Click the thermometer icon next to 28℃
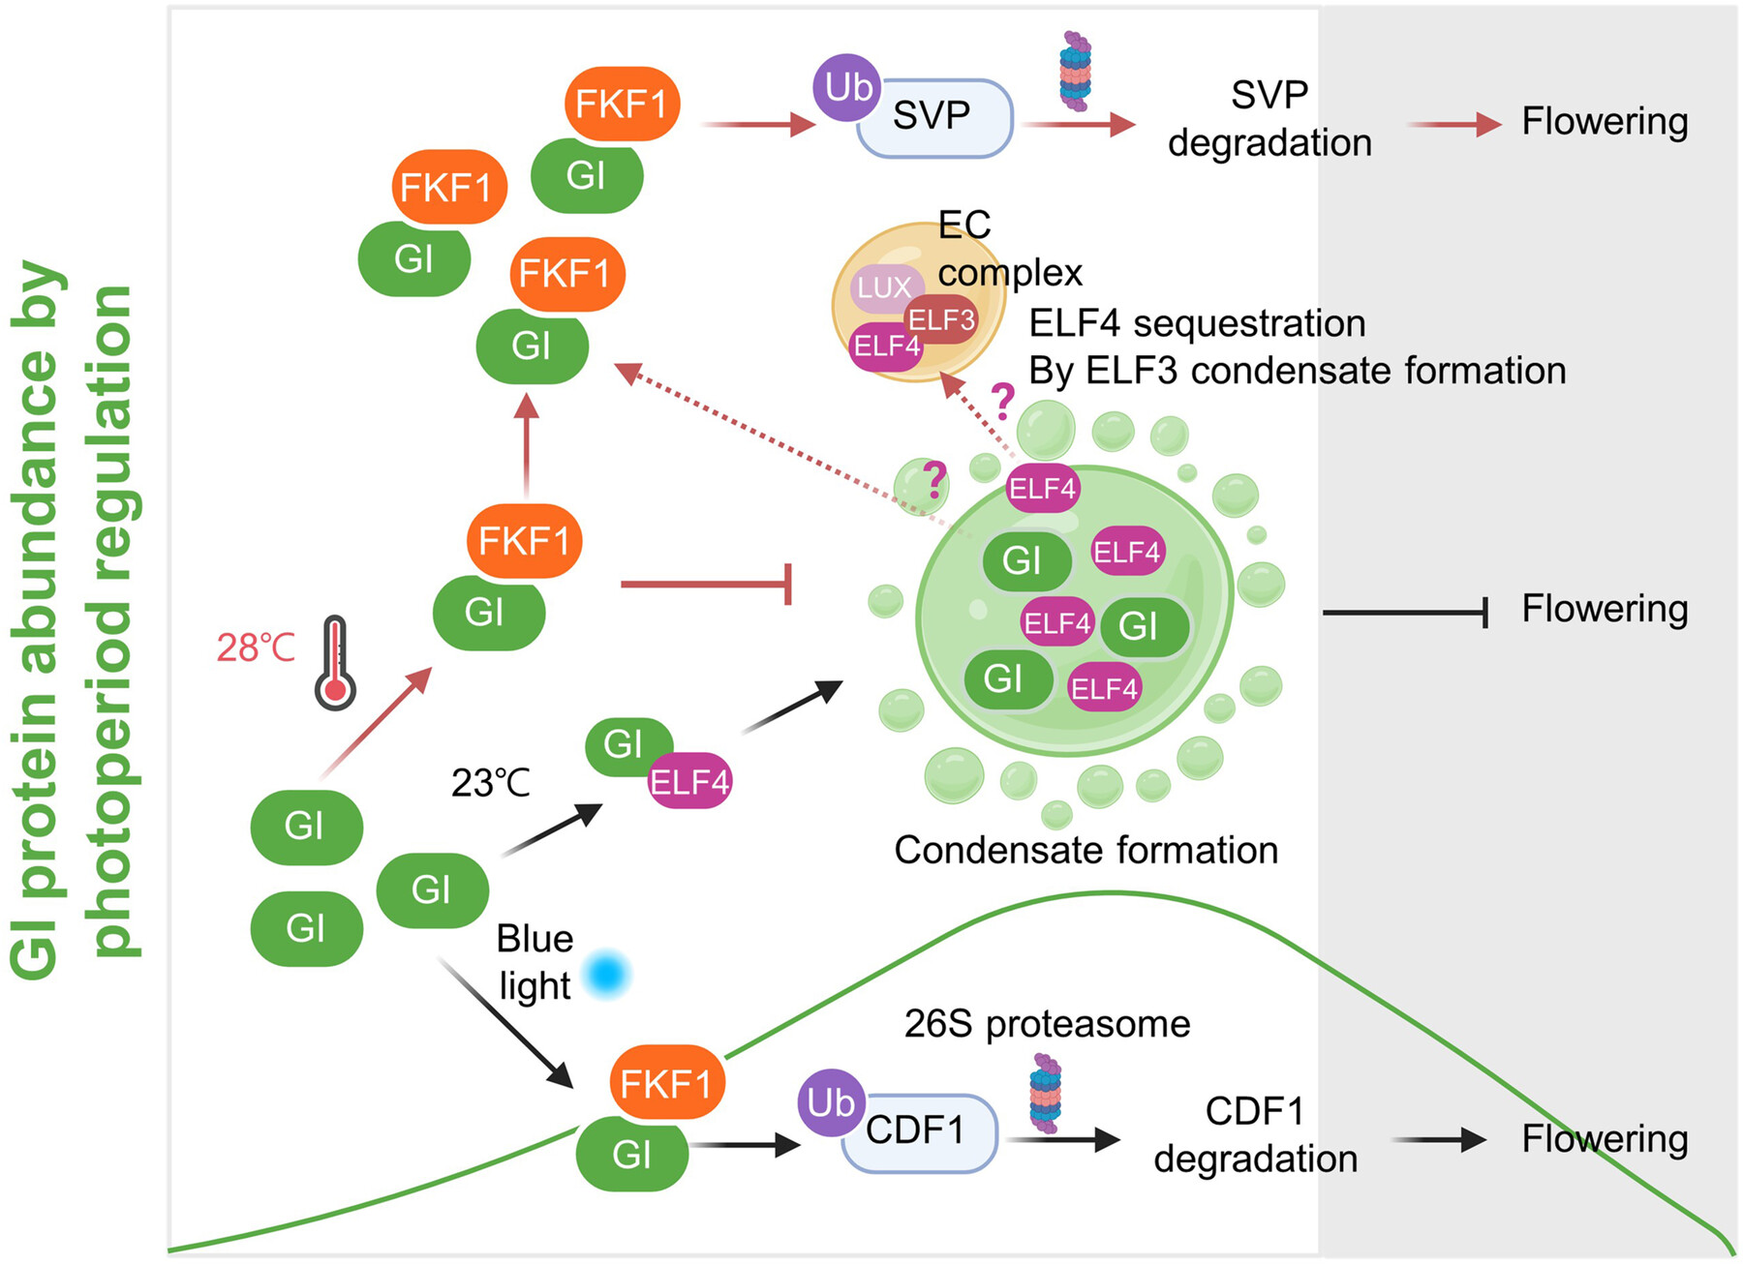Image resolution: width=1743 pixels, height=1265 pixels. pos(335,663)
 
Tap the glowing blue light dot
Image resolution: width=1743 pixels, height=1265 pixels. pos(606,974)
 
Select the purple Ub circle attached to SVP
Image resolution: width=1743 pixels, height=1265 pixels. pos(848,88)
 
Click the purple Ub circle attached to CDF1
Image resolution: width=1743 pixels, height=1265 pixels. pos(831,1102)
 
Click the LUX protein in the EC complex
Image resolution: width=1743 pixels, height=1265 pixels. pos(883,287)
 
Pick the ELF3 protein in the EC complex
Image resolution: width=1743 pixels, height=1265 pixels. pos(941,320)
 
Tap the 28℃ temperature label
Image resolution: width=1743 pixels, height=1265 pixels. pos(256,648)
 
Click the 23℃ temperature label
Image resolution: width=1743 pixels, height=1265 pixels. pos(490,782)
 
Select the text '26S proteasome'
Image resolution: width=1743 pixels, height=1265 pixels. pos(1047,1024)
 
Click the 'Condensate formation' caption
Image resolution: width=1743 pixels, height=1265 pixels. pos(1086,850)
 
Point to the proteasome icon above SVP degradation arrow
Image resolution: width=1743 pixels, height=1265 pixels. pos(1075,70)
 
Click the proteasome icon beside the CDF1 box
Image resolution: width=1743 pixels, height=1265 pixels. pos(1046,1093)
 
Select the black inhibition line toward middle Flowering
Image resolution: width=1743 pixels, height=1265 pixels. pos(1404,612)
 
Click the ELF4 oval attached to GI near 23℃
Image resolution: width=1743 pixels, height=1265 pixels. pos(689,781)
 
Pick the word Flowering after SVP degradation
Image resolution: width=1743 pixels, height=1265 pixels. pos(1605,122)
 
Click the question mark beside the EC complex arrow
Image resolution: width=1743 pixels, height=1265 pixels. pos(1002,399)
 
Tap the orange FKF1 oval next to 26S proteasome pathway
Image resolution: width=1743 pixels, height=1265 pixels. pos(666,1083)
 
